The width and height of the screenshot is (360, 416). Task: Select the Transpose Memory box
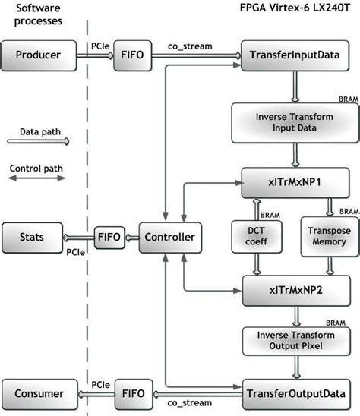tap(327, 236)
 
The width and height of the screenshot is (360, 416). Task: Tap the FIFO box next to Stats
tap(106, 237)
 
